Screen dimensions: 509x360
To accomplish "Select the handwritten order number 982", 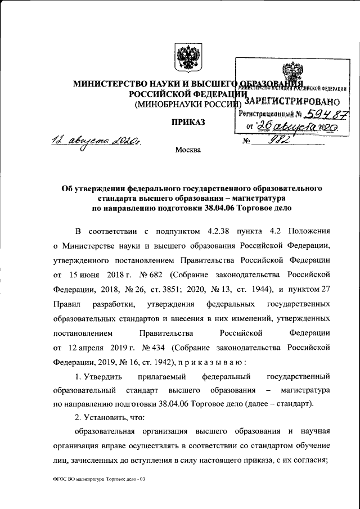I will pyautogui.click(x=278, y=140).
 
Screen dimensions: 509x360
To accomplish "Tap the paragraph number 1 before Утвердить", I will pyautogui.click(x=78, y=376).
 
